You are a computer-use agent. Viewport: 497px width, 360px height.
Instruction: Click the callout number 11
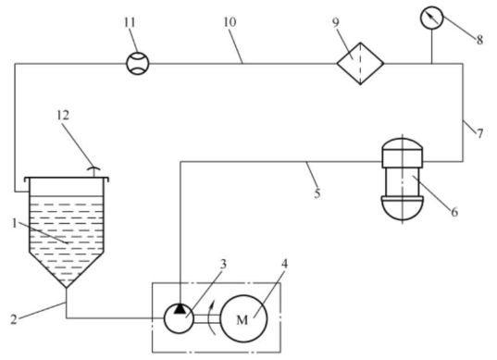pos(130,23)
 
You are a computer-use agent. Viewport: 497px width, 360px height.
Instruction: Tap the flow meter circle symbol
pos(138,63)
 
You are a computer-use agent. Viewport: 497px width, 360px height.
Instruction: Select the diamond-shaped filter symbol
pos(360,63)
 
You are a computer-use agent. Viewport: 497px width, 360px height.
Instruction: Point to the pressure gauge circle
pos(431,18)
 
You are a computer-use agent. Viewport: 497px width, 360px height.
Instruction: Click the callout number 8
pos(479,40)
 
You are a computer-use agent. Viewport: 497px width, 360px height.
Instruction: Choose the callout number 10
pos(230,22)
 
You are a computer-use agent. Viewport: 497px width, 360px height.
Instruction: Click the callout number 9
pos(336,22)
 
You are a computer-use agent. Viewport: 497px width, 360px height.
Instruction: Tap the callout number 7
pos(480,133)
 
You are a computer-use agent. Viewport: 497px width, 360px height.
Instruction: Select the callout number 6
pos(454,212)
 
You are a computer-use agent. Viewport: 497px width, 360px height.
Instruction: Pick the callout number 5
pos(317,193)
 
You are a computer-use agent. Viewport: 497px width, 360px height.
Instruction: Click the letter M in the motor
pos(242,320)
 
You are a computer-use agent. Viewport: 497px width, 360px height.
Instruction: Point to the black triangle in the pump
pos(180,309)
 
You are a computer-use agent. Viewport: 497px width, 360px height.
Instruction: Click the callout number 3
pos(223,264)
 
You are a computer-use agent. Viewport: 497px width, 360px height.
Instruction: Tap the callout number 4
pos(285,264)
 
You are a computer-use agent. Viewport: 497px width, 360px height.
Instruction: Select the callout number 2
pos(13,319)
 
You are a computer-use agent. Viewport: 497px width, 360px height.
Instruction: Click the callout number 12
pos(63,116)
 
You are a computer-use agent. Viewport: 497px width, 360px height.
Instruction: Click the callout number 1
pos(14,224)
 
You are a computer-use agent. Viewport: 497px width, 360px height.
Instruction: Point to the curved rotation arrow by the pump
pos(213,317)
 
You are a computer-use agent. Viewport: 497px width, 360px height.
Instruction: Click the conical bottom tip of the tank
pos(67,288)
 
